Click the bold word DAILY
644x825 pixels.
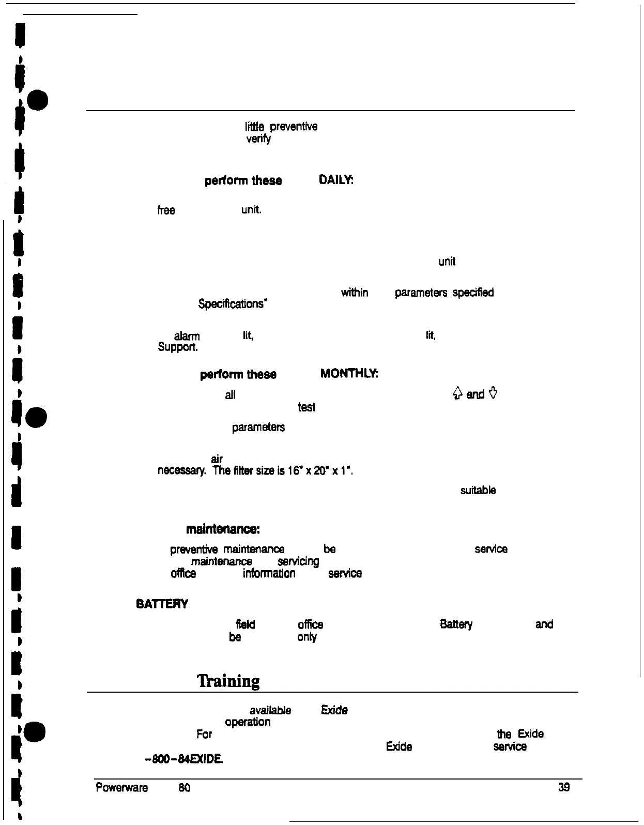click(336, 180)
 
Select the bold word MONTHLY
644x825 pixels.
click(349, 374)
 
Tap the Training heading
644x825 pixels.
click(228, 681)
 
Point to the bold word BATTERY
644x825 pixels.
click(162, 604)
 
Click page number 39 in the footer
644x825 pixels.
click(564, 787)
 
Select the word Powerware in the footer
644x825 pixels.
click(122, 788)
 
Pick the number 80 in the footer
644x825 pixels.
click(184, 788)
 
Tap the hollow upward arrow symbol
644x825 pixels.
click(457, 394)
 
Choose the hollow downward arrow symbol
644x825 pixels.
click(493, 394)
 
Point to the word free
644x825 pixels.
click(166, 210)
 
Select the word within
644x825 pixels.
click(355, 293)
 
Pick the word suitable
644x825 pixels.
click(478, 490)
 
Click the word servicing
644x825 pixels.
click(298, 561)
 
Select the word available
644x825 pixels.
click(270, 710)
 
